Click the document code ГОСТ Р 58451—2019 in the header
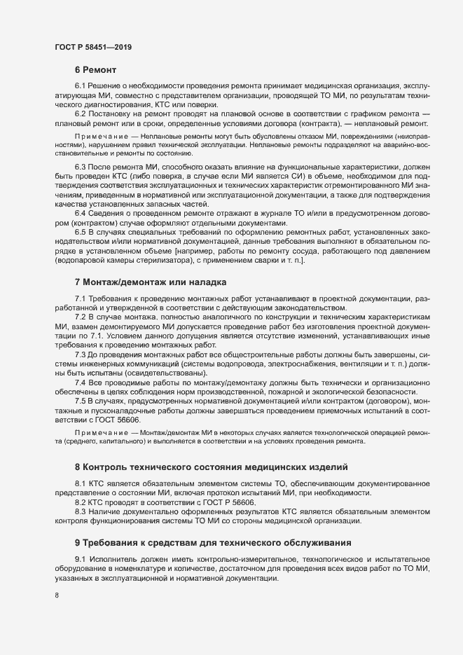[x=93, y=47]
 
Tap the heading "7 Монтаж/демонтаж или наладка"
[x=150, y=282]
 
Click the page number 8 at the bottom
[x=56, y=596]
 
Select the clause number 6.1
[x=80, y=85]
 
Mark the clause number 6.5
[x=80, y=231]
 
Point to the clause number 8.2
[x=80, y=503]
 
